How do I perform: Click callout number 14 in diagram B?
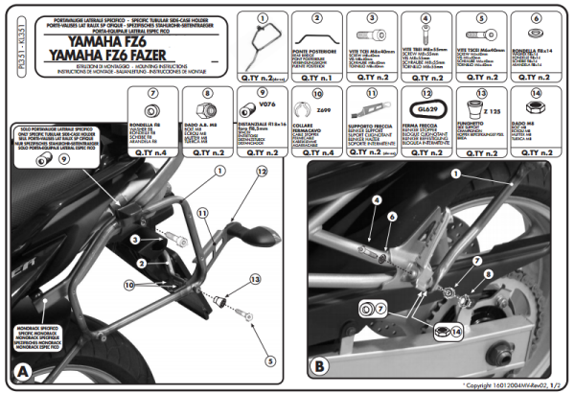454,331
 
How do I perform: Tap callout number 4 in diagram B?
379,199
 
